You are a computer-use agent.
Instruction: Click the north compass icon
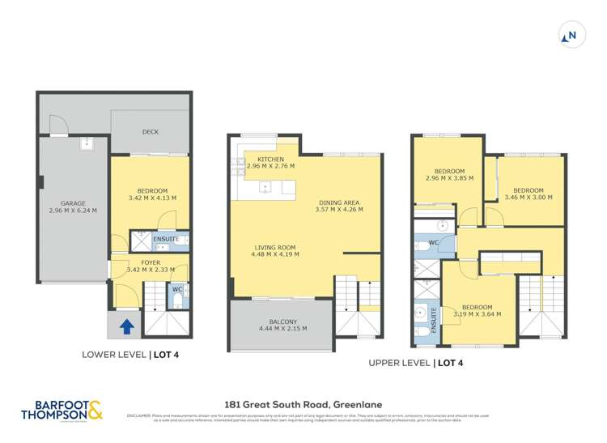[571, 36]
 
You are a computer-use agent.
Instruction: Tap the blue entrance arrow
[126, 326]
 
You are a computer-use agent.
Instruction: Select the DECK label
[151, 132]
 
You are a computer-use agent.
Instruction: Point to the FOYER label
[151, 262]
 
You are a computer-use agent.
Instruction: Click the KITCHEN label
[270, 159]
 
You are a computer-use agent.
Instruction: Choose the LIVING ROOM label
[275, 247]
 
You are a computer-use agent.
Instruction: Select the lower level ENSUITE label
[166, 240]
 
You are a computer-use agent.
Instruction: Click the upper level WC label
[433, 242]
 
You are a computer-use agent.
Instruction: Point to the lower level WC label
[176, 289]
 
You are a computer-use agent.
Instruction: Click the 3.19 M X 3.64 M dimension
[477, 313]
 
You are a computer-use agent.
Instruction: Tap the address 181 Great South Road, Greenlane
[303, 403]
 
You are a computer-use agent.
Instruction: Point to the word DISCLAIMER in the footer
[140, 415]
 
